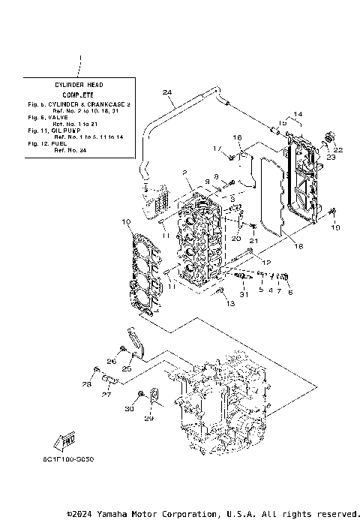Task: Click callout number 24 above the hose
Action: (167, 93)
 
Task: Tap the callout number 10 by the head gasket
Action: (125, 221)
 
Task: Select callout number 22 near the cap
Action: (338, 150)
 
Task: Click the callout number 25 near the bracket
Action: (127, 368)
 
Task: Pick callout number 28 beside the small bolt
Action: (85, 384)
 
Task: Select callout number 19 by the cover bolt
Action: (336, 227)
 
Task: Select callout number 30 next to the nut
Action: (128, 409)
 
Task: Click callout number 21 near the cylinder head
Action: (253, 239)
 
